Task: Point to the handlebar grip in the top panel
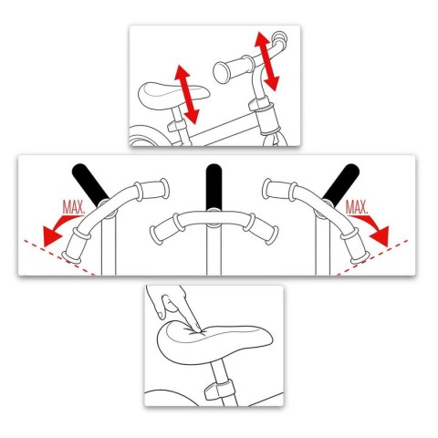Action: (232, 68)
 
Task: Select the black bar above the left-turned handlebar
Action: (89, 182)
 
